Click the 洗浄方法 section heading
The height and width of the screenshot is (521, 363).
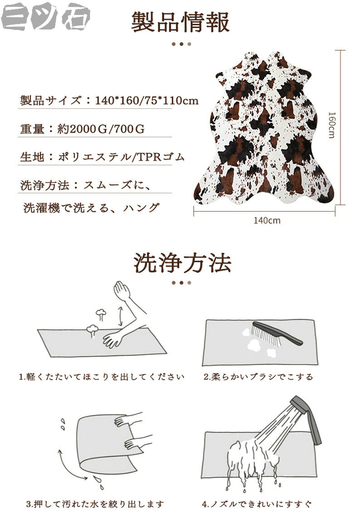[x=182, y=263]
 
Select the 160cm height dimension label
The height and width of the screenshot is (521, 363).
[x=332, y=125]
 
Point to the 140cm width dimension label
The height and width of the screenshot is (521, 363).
[x=267, y=220]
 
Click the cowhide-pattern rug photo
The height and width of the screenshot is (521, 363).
[x=263, y=128]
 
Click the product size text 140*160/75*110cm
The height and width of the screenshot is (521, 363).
[x=147, y=100]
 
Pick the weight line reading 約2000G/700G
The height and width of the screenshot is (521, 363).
[x=101, y=129]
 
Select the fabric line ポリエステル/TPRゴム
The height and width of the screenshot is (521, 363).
[x=121, y=156]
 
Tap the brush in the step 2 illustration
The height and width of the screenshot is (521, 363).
[x=277, y=333]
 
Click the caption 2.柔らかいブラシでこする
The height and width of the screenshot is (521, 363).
[x=258, y=377]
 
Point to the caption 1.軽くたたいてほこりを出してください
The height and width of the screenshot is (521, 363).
[x=101, y=377]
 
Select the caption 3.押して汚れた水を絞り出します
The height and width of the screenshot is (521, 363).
[x=95, y=504]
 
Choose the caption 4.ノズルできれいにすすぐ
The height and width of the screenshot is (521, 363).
[x=257, y=504]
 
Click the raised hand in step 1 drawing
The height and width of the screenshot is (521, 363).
[x=122, y=290]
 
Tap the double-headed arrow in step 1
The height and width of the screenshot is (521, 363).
[x=120, y=316]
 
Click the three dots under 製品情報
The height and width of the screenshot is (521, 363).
[x=181, y=44]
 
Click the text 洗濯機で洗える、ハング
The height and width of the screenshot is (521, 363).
[x=91, y=208]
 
